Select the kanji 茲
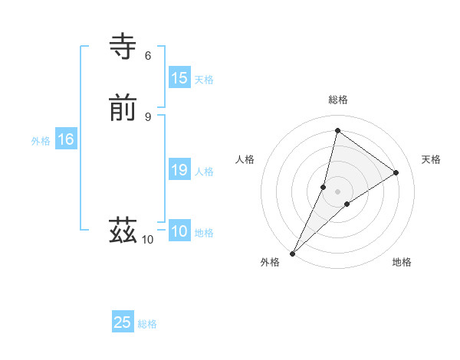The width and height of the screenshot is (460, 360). pos(123,229)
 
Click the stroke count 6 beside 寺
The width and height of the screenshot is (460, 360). pos(148,55)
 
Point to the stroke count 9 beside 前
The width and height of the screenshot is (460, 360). pos(148,116)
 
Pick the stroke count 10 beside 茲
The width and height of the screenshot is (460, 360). pos(148,240)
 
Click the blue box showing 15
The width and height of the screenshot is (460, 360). pos(179,78)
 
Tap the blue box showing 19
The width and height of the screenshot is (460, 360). pos(179,170)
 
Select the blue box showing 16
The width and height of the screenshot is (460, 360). pos(65,139)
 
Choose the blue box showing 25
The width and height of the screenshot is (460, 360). pos(123,322)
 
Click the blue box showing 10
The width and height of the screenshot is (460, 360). pos(179,231)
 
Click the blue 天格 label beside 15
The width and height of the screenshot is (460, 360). pos(204,80)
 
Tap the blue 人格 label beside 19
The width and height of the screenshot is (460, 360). pos(204,172)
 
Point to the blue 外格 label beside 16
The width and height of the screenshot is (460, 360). pos(41,141)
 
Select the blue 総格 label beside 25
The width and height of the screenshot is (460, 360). pos(147,324)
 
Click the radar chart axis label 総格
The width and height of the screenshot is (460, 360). pos(338,100)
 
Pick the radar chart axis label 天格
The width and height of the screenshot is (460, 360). pos(431,159)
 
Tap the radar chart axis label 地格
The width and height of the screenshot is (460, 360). pos(402,262)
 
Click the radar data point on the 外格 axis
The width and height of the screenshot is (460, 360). pos(293,253)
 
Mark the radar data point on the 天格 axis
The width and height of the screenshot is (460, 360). pos(396,172)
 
